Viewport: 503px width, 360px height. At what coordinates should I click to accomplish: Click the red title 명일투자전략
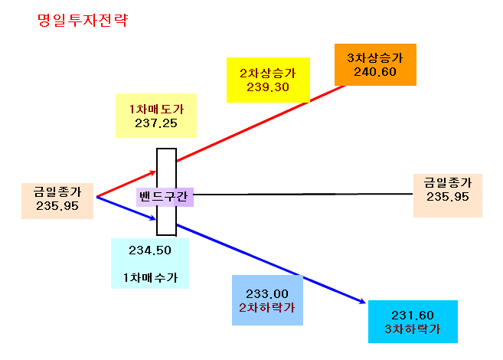tap(83, 20)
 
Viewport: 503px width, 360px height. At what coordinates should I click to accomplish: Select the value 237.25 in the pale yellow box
tap(156, 123)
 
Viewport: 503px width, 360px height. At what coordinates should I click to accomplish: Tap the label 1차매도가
tap(156, 109)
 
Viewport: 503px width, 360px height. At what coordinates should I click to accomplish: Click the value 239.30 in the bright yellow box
tap(268, 87)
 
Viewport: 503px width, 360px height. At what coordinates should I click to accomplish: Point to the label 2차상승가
tap(268, 74)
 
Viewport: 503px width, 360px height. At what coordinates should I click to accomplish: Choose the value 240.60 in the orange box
tap(375, 72)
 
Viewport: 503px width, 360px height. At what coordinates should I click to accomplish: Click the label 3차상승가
tap(375, 57)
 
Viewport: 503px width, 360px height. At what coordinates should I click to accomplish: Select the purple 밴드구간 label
tap(163, 196)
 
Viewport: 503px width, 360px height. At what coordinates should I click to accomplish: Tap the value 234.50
tap(150, 250)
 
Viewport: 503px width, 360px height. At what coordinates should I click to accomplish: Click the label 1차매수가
tap(150, 277)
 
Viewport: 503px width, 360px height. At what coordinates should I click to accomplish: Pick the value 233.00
tap(267, 294)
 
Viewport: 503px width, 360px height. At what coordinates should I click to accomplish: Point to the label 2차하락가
tap(267, 308)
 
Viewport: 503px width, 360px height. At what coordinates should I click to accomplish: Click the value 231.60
tap(413, 316)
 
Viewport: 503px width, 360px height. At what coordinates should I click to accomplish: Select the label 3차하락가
tap(413, 329)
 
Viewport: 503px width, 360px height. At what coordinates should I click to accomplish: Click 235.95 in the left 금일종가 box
tap(57, 206)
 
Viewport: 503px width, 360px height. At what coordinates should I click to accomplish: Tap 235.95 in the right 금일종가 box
tap(448, 197)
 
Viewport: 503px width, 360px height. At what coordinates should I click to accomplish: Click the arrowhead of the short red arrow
tap(155, 172)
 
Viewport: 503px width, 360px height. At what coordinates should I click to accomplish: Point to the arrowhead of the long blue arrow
tap(364, 302)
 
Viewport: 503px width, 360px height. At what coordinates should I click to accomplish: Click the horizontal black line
tap(303, 194)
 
